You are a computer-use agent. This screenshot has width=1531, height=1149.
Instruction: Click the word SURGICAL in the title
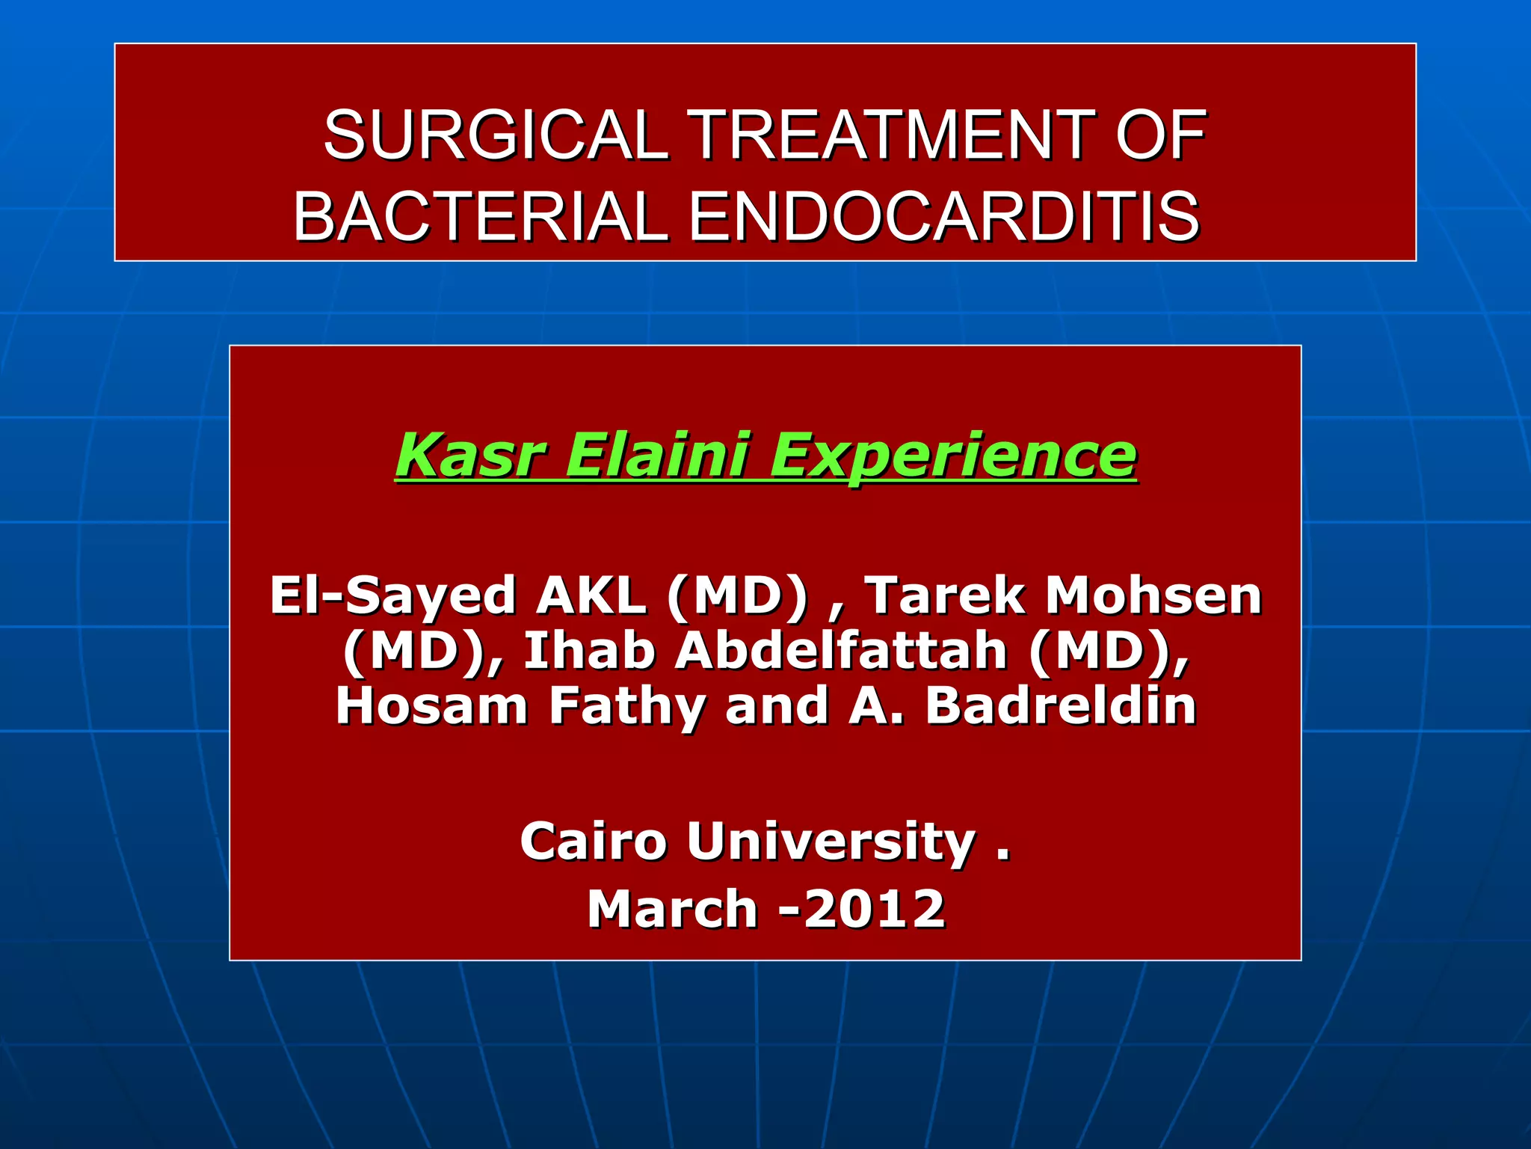pyautogui.click(x=496, y=135)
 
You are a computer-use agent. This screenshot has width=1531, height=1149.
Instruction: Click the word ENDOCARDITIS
pyautogui.click(x=943, y=216)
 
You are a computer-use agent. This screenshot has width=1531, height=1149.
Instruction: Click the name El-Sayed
pyautogui.click(x=393, y=596)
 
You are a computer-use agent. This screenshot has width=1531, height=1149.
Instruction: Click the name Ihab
pyautogui.click(x=589, y=651)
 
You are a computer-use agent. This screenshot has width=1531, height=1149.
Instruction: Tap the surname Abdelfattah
pyautogui.click(x=841, y=651)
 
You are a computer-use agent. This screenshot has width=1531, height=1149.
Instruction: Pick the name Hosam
pyautogui.click(x=432, y=705)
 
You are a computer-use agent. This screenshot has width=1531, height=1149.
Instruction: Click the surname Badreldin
pyautogui.click(x=1061, y=705)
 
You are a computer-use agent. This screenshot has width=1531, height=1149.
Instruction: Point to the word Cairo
pyautogui.click(x=593, y=842)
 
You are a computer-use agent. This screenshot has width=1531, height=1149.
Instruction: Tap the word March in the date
pyautogui.click(x=673, y=909)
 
